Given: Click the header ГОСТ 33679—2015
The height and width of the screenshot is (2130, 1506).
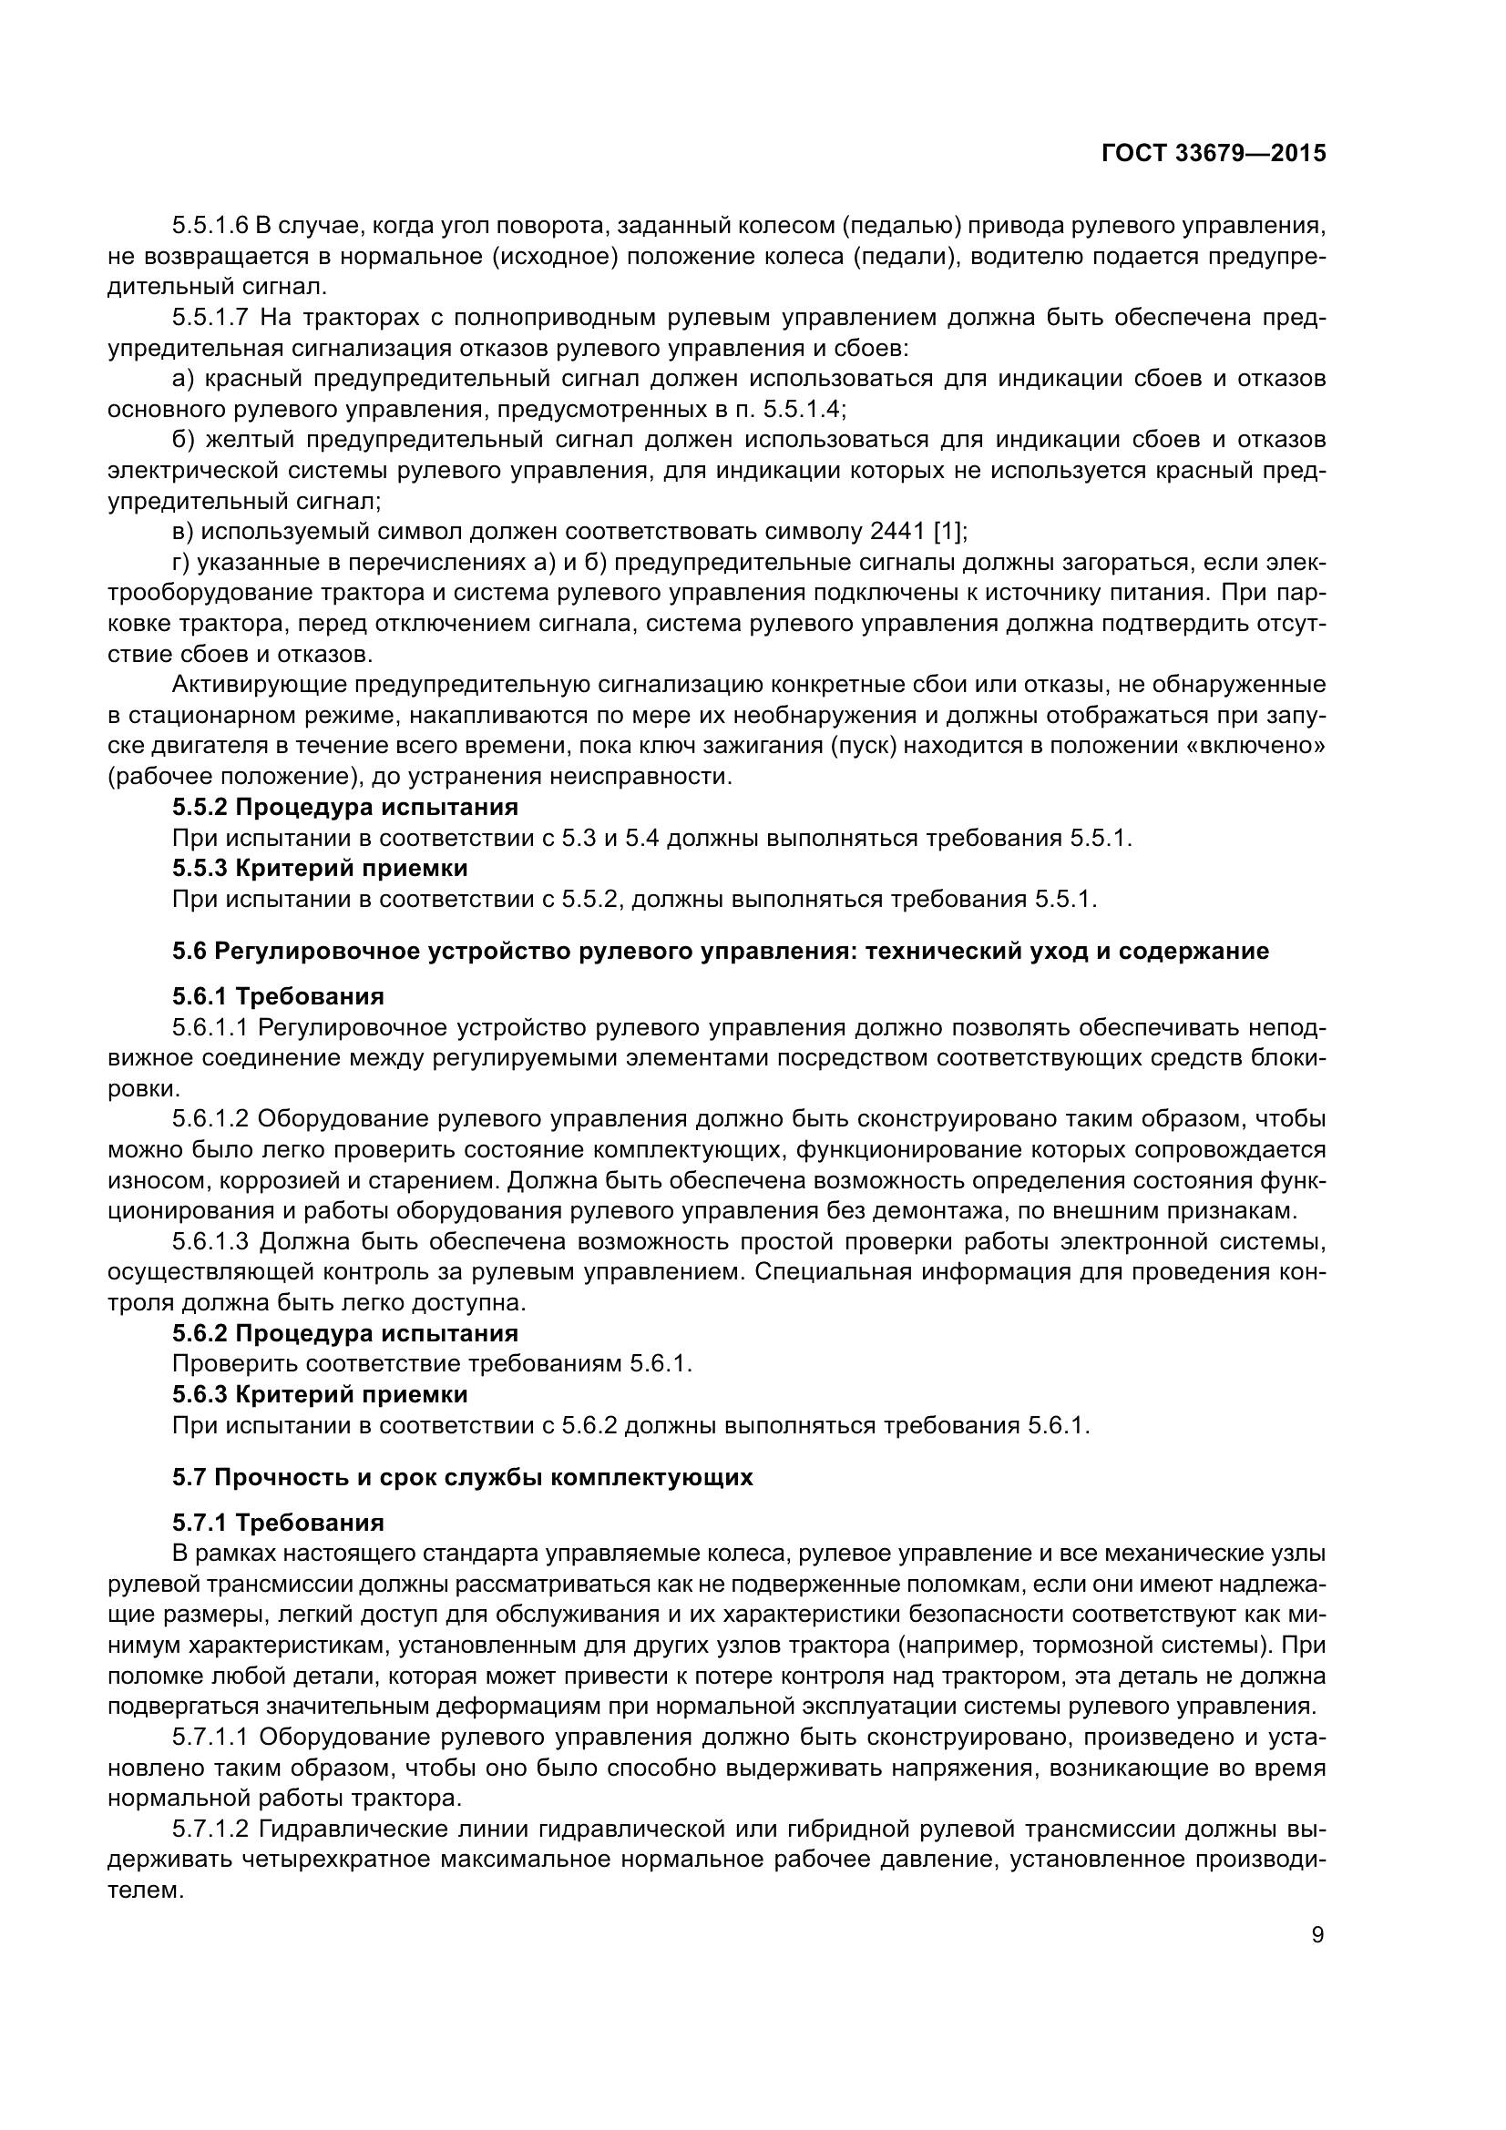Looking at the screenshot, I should click(x=1213, y=154).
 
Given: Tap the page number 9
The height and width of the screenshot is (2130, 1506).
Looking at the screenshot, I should click(x=1317, y=1935).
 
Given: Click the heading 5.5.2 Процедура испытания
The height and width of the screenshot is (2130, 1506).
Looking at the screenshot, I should click(x=345, y=806).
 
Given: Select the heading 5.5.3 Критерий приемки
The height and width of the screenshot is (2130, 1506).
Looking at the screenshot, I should click(x=320, y=869).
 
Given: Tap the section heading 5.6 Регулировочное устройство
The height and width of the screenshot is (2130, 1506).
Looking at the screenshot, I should click(x=720, y=951).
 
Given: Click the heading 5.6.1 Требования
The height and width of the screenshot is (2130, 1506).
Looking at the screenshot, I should click(x=279, y=996).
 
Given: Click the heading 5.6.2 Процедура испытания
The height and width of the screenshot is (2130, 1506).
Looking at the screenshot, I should click(x=345, y=1333).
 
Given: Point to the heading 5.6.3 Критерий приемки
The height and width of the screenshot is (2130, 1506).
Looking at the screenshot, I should click(x=320, y=1394).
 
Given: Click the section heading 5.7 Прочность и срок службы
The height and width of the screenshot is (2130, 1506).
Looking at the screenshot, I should click(x=462, y=1477).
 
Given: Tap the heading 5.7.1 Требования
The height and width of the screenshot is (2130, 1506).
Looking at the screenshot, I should click(x=279, y=1523).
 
